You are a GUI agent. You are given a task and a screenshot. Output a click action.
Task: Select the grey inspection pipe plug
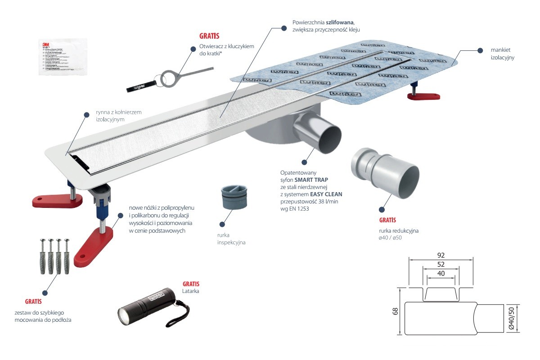tap(234, 197)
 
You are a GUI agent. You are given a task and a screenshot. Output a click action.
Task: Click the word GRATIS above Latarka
tap(191, 284)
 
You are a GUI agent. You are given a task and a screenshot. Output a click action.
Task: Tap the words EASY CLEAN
tap(327, 194)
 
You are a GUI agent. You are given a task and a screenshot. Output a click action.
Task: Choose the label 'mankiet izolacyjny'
tap(502, 54)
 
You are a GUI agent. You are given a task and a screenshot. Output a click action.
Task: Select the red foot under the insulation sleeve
tap(423, 96)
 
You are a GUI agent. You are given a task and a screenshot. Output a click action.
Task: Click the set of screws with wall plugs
tap(53, 256)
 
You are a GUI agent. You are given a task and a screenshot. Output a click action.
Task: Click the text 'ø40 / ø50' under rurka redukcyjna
tap(390, 238)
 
